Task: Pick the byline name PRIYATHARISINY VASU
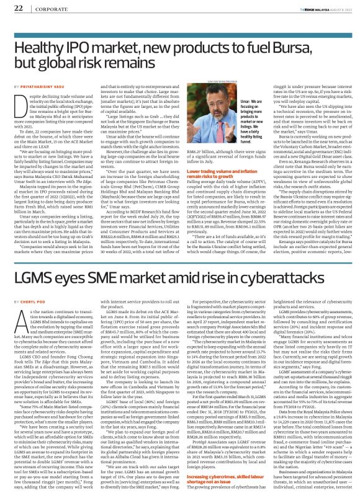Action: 55,84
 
